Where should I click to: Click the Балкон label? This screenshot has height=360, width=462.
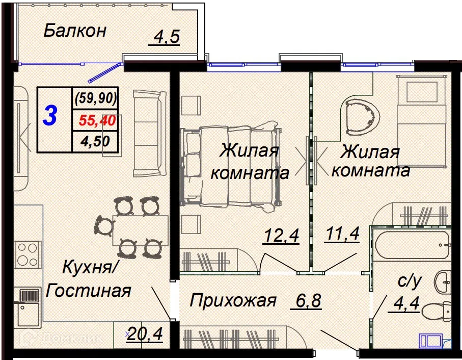click(x=75, y=31)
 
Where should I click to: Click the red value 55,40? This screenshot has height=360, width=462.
click(x=97, y=120)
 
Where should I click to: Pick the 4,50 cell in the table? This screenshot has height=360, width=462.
click(x=95, y=141)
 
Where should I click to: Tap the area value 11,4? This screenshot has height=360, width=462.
click(x=342, y=234)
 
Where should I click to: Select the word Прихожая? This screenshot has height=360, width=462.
click(x=233, y=300)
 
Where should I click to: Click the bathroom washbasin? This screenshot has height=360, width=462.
click(x=443, y=281)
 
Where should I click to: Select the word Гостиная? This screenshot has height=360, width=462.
click(x=89, y=291)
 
